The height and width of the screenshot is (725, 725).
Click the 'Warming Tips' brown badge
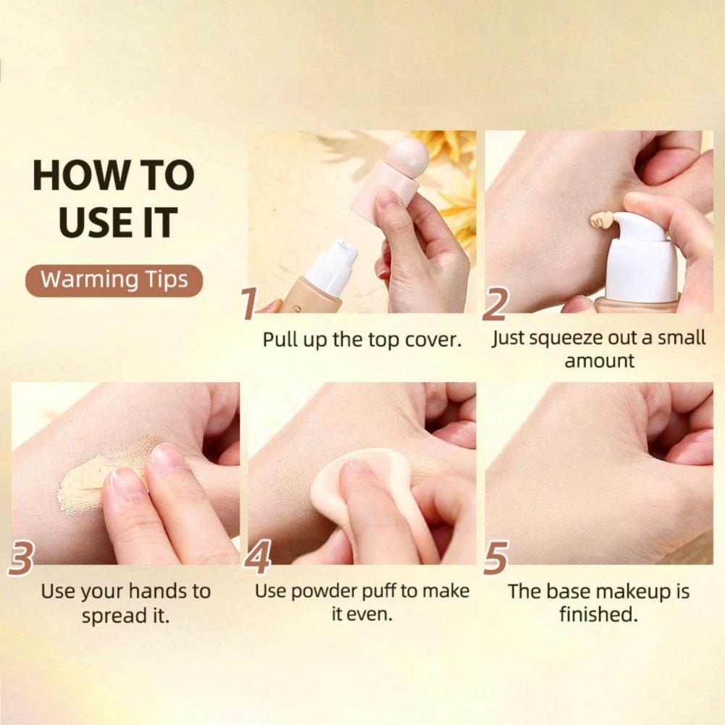coord(114,280)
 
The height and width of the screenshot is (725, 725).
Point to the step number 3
coord(21,558)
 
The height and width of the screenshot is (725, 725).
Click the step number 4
coord(257,558)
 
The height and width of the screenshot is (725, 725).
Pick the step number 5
coord(495,558)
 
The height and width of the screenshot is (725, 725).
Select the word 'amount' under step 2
coord(599,361)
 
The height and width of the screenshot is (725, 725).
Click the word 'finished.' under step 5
coord(598,614)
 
